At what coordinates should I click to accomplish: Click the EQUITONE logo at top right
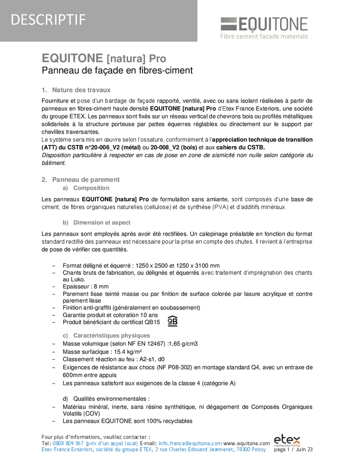coord(264,24)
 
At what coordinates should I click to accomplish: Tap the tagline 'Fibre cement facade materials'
coord(264,36)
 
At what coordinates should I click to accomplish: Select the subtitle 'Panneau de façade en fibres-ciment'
coord(117,71)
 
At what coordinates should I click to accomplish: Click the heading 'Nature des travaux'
coord(81,90)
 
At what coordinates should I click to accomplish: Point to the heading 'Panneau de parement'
coord(86,179)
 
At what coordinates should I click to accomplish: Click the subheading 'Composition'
coord(91,188)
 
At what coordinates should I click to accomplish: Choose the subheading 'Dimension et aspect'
coord(102,223)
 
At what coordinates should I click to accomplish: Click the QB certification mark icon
coord(172,321)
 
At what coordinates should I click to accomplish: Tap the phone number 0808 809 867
coord(68,443)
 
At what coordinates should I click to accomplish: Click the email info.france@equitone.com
coord(190,443)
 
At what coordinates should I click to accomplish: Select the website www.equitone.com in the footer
coord(246,443)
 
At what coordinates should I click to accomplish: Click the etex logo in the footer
coord(287,440)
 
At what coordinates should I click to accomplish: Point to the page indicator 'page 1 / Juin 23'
coord(293,450)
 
